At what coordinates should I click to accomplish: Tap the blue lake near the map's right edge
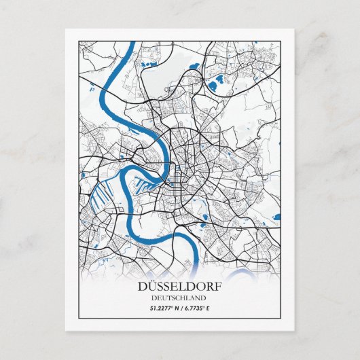(x=276, y=217)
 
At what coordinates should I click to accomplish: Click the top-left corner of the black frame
(x=79, y=41)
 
